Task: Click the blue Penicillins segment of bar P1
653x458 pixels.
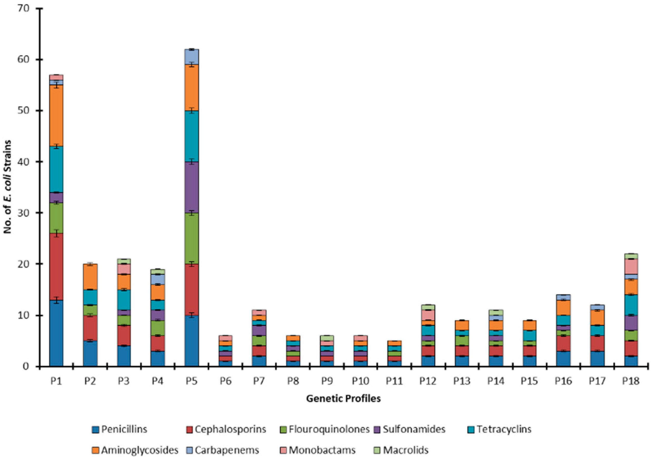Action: [56, 333]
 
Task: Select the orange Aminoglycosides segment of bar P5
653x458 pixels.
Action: [191, 88]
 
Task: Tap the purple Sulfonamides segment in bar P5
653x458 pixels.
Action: [191, 187]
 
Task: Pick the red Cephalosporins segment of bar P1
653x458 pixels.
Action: [56, 267]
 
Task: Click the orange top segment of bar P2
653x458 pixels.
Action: [90, 277]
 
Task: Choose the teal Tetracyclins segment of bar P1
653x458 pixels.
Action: [56, 169]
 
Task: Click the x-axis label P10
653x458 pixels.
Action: [360, 381]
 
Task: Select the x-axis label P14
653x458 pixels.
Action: [496, 381]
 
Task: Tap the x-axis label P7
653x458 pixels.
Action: [259, 381]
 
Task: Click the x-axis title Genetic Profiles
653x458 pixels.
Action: [343, 399]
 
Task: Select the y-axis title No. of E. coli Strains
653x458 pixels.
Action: [8, 187]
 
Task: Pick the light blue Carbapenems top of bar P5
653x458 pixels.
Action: [191, 57]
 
